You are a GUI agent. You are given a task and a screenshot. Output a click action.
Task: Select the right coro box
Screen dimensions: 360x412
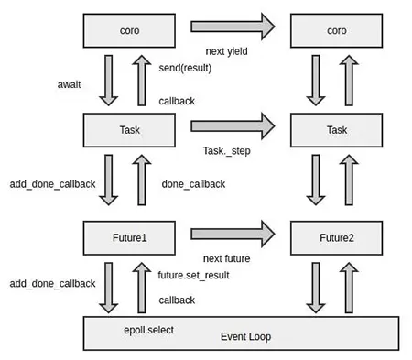[336, 30]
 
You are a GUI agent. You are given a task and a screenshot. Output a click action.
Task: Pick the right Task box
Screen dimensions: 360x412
[336, 130]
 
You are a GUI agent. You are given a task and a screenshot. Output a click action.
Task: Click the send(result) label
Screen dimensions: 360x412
[183, 69]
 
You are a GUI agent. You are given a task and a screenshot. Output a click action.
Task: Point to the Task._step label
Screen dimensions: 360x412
[227, 149]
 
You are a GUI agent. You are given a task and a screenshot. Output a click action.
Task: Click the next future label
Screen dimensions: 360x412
[225, 258]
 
